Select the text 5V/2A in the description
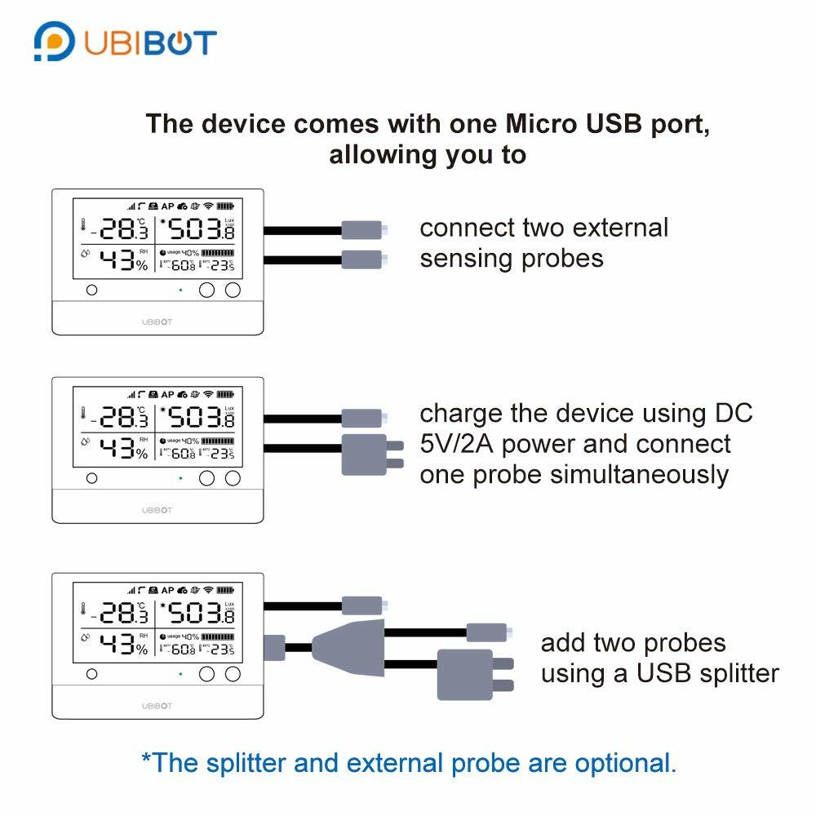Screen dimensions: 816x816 [x=450, y=444]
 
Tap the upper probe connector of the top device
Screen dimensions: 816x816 [x=362, y=230]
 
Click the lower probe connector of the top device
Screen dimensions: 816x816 [x=362, y=259]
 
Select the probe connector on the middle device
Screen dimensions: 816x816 [x=362, y=419]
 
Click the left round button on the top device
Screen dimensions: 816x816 [x=91, y=290]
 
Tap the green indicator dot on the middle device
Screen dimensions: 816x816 [x=180, y=478]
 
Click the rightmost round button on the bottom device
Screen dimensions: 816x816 [x=233, y=673]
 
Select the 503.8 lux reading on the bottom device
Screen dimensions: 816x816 [x=198, y=613]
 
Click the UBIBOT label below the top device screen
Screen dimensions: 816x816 [x=157, y=322]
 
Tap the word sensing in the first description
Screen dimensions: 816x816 [x=461, y=259]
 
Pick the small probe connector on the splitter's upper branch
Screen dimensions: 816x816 [x=486, y=632]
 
